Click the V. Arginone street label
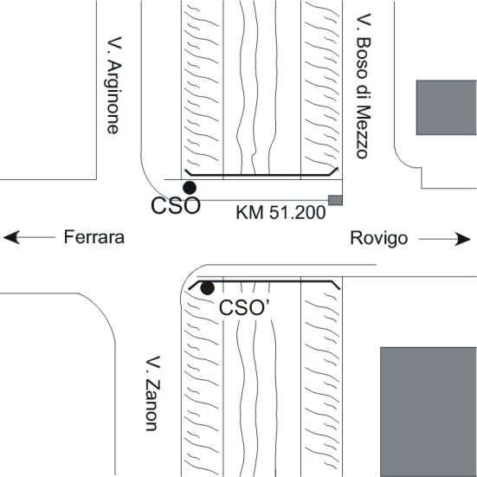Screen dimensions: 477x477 114,86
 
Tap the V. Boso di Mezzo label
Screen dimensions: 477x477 364,86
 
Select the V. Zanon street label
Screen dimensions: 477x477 151,394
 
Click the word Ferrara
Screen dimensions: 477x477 94,237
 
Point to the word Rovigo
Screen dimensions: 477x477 378,238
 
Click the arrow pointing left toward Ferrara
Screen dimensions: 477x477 29,237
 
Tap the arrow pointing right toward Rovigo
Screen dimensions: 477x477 444,239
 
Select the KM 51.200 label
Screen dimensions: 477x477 280,212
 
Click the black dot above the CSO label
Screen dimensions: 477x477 190,188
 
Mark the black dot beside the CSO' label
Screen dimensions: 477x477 207,287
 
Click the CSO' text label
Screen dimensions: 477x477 244,308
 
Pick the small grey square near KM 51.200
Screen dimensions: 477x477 335,200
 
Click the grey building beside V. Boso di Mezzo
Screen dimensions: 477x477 447,107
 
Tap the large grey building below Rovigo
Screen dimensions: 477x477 429,412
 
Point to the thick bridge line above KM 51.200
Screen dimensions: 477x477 261,175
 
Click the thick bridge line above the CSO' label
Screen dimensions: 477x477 264,281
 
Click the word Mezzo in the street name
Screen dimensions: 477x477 364,132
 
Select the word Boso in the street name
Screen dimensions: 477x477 364,58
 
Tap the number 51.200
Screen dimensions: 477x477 298,212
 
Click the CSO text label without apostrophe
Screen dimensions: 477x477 176,206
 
